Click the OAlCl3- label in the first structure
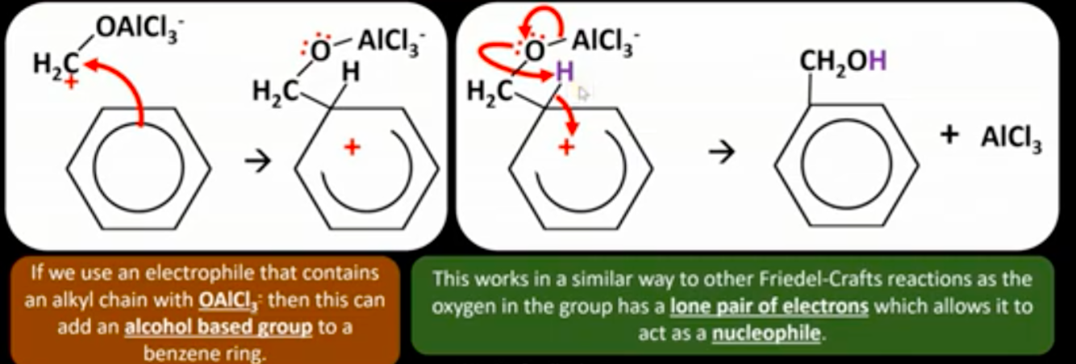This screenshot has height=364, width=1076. (x=140, y=30)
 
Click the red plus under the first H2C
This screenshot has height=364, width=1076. (x=71, y=82)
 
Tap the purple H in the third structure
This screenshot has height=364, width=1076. (x=565, y=72)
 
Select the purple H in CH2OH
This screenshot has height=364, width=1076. (x=877, y=61)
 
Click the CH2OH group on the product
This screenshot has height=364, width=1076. (x=843, y=63)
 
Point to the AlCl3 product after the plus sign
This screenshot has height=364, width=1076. (x=1011, y=139)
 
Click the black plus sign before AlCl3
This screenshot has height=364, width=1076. (x=949, y=135)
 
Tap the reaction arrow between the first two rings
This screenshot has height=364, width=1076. (x=258, y=161)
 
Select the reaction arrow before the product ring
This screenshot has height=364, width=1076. (x=721, y=153)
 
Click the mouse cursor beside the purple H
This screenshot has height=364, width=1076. (x=582, y=94)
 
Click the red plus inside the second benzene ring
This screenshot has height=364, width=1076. (x=352, y=147)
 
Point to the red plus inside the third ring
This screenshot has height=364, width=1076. (x=566, y=147)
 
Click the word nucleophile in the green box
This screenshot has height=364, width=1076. (x=766, y=333)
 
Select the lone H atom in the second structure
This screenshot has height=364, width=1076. (x=350, y=73)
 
